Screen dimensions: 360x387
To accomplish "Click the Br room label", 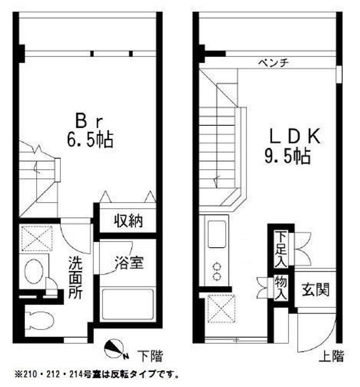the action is click(x=89, y=121).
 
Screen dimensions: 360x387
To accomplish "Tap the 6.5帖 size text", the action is click(x=90, y=140).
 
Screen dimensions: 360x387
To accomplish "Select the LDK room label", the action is click(x=295, y=136).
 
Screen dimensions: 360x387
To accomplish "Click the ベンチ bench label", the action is click(x=273, y=63).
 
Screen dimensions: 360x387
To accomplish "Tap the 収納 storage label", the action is click(x=129, y=220).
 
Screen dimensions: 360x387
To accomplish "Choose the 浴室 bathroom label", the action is click(x=129, y=262).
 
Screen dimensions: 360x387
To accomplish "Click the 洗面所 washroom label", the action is click(x=75, y=277).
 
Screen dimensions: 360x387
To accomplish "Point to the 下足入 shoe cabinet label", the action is click(x=281, y=249).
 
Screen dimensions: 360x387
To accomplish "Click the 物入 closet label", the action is click(x=281, y=288).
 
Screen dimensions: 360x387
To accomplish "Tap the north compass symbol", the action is click(x=115, y=349).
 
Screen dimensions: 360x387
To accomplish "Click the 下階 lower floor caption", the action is click(x=150, y=356).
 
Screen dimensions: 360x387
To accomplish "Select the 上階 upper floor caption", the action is click(x=331, y=356).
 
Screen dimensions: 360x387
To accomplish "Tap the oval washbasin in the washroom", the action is click(x=34, y=271).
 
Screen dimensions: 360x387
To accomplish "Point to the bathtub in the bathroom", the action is click(x=128, y=304).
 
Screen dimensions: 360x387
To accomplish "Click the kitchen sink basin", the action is click(x=217, y=234).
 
